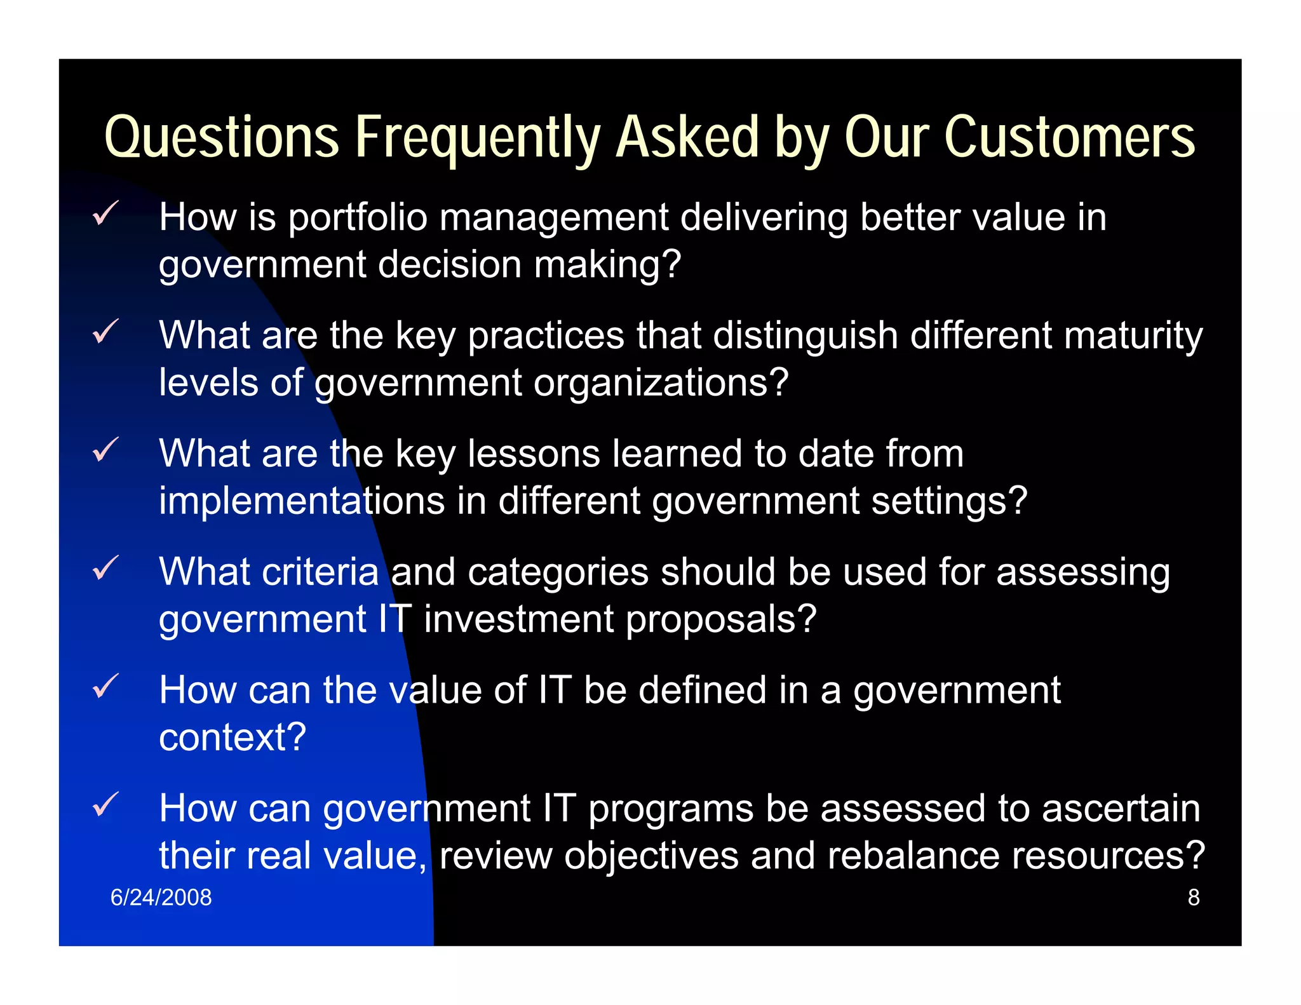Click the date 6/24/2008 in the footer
click(x=161, y=897)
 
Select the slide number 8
click(x=1193, y=897)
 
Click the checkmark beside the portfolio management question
click(x=105, y=213)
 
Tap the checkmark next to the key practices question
click(x=105, y=331)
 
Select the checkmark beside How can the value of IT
click(x=105, y=686)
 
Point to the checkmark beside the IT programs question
click(x=105, y=804)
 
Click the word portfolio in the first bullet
click(x=357, y=218)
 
